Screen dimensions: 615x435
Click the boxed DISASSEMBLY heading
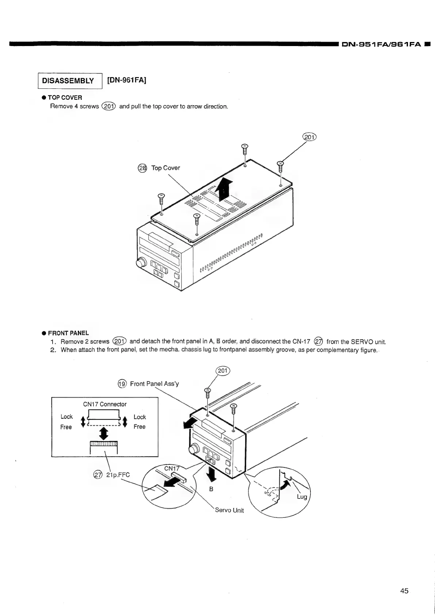tap(68, 81)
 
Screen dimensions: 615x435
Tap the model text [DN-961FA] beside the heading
tap(127, 80)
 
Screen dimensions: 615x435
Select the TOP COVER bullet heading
tap(65, 98)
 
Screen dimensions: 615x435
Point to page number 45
tap(404, 591)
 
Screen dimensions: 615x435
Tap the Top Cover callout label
tap(165, 168)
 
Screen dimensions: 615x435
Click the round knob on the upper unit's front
tap(141, 263)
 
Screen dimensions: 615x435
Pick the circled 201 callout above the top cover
tap(309, 137)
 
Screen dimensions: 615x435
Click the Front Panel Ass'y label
tap(154, 384)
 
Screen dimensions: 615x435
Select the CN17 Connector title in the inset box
tap(105, 404)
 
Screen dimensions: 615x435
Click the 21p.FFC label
tap(118, 475)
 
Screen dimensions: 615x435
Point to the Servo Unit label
tap(229, 510)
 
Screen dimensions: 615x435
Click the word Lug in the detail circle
tap(302, 497)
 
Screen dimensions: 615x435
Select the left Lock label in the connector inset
tap(66, 417)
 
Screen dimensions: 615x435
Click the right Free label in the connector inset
tap(140, 427)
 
